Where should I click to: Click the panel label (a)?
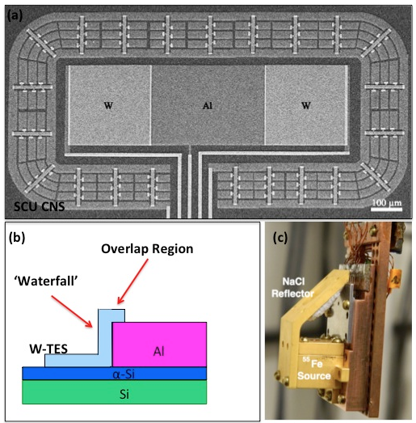pos(15,16)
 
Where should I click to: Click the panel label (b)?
pos(17,238)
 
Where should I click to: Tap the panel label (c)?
pos(280,238)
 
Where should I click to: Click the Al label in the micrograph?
pos(207,105)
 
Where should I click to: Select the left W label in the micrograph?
pos(108,105)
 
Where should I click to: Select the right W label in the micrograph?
pos(306,105)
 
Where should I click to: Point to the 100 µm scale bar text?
pos(387,202)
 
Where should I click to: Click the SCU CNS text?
pos(40,206)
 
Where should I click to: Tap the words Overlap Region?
pos(147,249)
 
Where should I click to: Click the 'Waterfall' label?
pos(46,281)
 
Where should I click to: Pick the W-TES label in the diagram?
pos(48,349)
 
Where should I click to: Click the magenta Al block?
pos(159,345)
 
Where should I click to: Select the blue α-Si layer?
pos(114,374)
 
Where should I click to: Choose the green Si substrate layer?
pos(114,392)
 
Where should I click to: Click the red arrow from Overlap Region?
pos(132,281)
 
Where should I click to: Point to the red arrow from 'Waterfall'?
pos(72,311)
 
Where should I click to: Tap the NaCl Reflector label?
pos(293,288)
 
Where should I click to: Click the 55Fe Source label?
pos(314,368)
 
